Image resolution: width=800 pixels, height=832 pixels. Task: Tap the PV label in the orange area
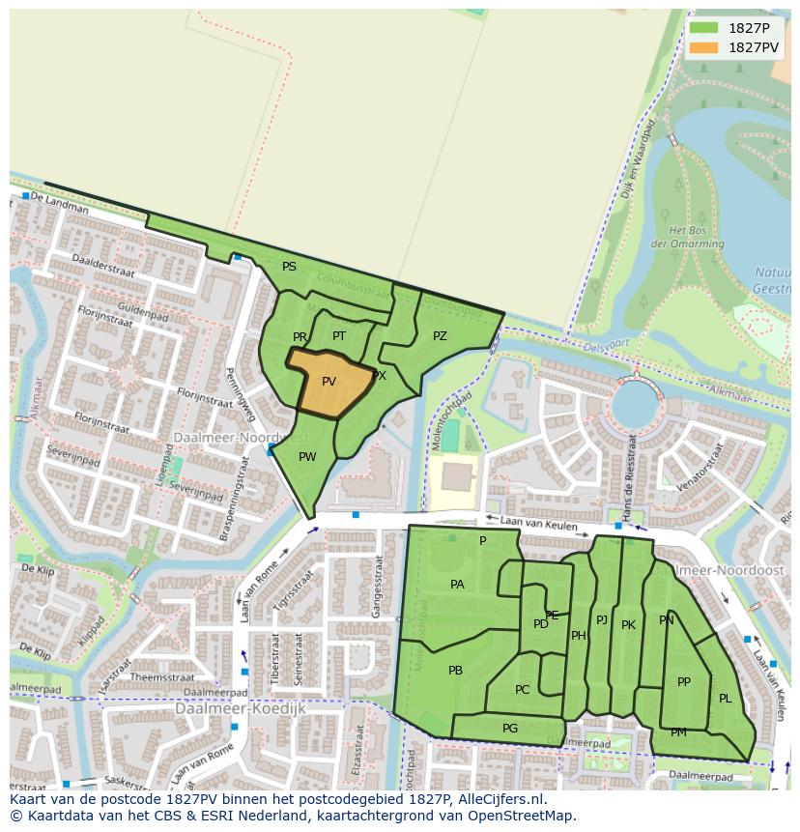coord(329,382)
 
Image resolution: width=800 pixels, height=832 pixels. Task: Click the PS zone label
coord(289,267)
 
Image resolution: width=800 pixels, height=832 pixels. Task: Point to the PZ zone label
coord(440,336)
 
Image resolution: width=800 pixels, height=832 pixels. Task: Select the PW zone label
coord(307,457)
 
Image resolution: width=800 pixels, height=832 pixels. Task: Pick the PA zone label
coord(457,585)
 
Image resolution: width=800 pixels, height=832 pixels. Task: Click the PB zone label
coord(455,671)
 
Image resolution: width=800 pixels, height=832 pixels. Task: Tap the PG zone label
coord(510,729)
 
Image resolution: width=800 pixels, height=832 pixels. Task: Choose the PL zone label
coord(725,699)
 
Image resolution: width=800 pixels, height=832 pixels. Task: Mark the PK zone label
coord(628,625)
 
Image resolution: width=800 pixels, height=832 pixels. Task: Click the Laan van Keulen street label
coord(544,525)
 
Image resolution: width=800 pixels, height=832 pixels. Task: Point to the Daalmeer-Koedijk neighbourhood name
coord(240,708)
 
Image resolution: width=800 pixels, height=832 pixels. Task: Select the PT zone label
coord(339,336)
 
